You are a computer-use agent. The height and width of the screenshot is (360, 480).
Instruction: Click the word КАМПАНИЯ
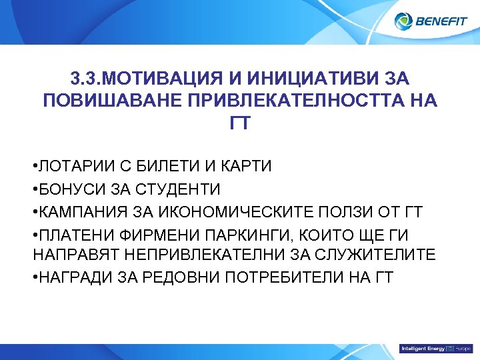[81, 212]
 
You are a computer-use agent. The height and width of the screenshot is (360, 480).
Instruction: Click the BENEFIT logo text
[441, 22]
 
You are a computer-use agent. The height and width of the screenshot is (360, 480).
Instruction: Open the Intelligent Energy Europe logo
[435, 349]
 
